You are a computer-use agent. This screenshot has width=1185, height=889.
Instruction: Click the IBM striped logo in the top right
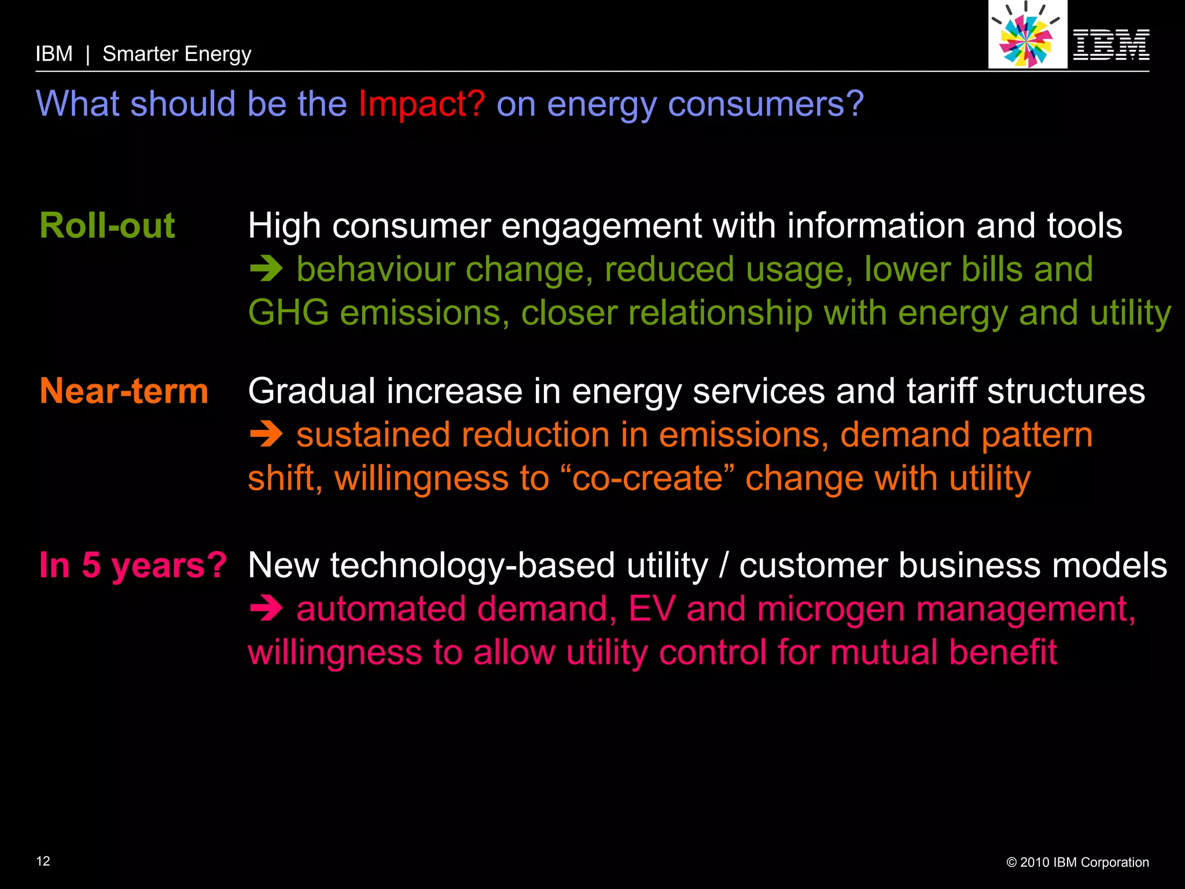pyautogui.click(x=1111, y=45)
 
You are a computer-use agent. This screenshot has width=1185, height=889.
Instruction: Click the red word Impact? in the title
pyautogui.click(x=421, y=104)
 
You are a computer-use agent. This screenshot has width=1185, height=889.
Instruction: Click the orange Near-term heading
pyautogui.click(x=124, y=391)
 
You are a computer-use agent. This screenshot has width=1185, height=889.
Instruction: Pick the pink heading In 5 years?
pyautogui.click(x=133, y=565)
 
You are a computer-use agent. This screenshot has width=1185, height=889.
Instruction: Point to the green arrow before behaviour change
pyautogui.click(x=266, y=270)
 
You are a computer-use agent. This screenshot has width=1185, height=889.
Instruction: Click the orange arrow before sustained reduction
pyautogui.click(x=266, y=435)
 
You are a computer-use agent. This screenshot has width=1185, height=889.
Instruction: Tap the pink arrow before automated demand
pyautogui.click(x=266, y=609)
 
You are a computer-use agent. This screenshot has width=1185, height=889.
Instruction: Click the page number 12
pyautogui.click(x=43, y=861)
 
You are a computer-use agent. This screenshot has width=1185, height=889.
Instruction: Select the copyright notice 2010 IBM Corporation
pyautogui.click(x=1077, y=862)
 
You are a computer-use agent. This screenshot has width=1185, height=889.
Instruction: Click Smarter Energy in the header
pyautogui.click(x=176, y=54)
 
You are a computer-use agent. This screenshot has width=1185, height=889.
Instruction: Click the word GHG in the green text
pyautogui.click(x=288, y=313)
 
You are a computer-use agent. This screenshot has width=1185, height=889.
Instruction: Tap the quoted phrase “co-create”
pyautogui.click(x=647, y=479)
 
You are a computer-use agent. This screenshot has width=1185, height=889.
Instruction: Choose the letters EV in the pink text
pyautogui.click(x=652, y=609)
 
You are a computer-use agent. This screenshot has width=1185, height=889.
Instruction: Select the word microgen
pyautogui.click(x=830, y=609)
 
